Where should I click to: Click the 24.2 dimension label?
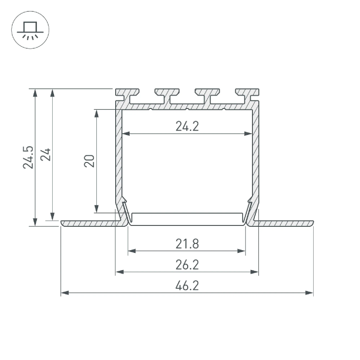point(187,126)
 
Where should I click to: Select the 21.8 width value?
point(187,244)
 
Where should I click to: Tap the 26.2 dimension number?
point(187,265)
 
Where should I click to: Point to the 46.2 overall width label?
point(187,286)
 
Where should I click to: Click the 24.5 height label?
point(28,157)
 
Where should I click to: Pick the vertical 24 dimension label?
point(45,154)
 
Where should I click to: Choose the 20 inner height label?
point(89,161)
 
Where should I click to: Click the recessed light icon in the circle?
point(30,30)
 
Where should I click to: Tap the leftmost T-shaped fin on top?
point(127,96)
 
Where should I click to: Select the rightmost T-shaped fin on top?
point(247,96)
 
